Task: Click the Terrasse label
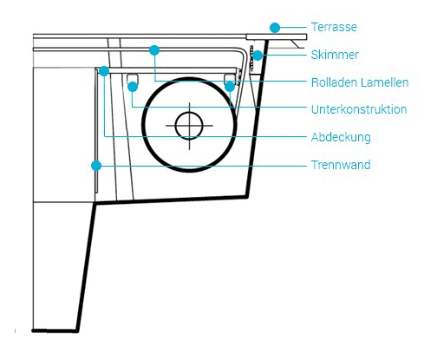[334, 27]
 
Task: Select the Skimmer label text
[335, 55]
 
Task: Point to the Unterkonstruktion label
[359, 109]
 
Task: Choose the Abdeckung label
[341, 137]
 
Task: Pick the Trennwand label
[341, 165]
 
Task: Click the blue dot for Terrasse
[275, 28]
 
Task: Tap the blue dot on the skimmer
[258, 56]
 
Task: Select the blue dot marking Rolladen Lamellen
[154, 50]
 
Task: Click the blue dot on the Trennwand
[96, 166]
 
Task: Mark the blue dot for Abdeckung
[104, 71]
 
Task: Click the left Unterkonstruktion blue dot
[133, 87]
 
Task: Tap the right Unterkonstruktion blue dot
[230, 87]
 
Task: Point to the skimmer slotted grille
[251, 57]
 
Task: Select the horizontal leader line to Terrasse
[293, 28]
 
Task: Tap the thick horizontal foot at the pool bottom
[55, 331]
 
